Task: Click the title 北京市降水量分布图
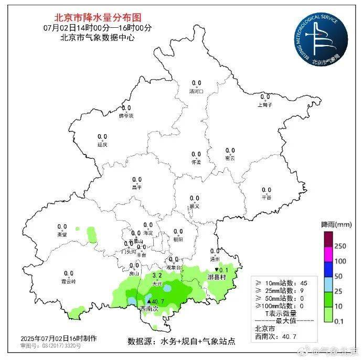(x=98, y=18)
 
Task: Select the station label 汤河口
(x=196, y=92)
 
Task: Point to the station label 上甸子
(x=264, y=104)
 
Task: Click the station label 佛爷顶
(x=126, y=115)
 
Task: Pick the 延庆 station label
(x=102, y=144)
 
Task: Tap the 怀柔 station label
(x=196, y=162)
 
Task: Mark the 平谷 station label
(x=267, y=198)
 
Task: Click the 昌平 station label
(x=136, y=187)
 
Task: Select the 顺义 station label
(x=194, y=206)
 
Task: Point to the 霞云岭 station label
(x=68, y=281)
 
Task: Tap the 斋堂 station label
(x=62, y=234)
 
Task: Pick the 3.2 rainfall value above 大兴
(x=156, y=275)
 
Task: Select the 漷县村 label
(x=216, y=277)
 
